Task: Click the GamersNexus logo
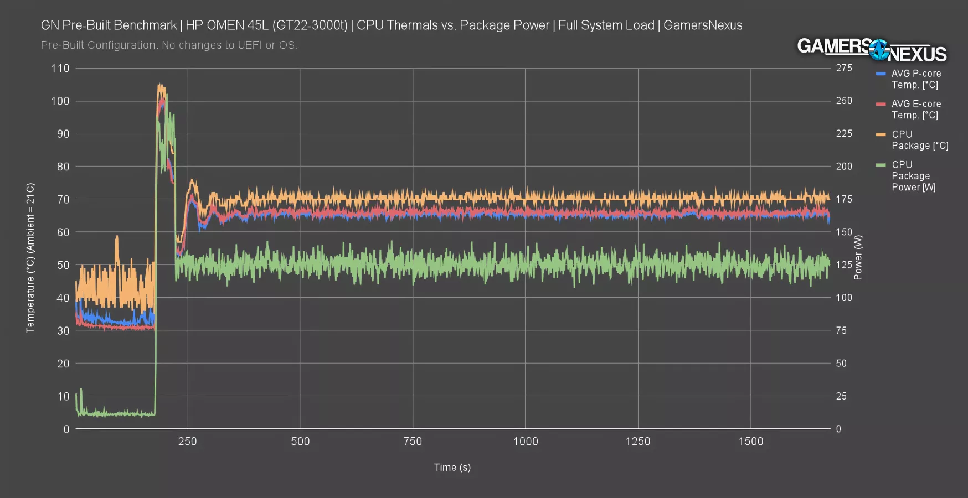(x=872, y=50)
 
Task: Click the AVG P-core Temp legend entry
(x=915, y=79)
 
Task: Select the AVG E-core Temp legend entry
(x=915, y=110)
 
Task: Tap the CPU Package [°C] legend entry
(x=919, y=140)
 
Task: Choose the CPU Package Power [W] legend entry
(x=913, y=176)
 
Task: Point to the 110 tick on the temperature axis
(x=60, y=69)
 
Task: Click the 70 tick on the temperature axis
(x=63, y=199)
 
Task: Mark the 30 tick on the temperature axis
(x=63, y=330)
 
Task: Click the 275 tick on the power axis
(x=844, y=68)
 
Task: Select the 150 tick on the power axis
(x=844, y=232)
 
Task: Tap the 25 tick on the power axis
(x=841, y=396)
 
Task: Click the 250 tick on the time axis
(x=188, y=442)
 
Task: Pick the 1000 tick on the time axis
(x=525, y=442)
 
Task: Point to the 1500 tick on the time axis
(x=750, y=442)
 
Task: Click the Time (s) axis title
(x=452, y=468)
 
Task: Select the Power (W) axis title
(x=858, y=257)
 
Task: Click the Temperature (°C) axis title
(x=30, y=258)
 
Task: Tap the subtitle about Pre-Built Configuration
(x=169, y=45)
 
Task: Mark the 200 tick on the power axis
(x=844, y=167)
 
